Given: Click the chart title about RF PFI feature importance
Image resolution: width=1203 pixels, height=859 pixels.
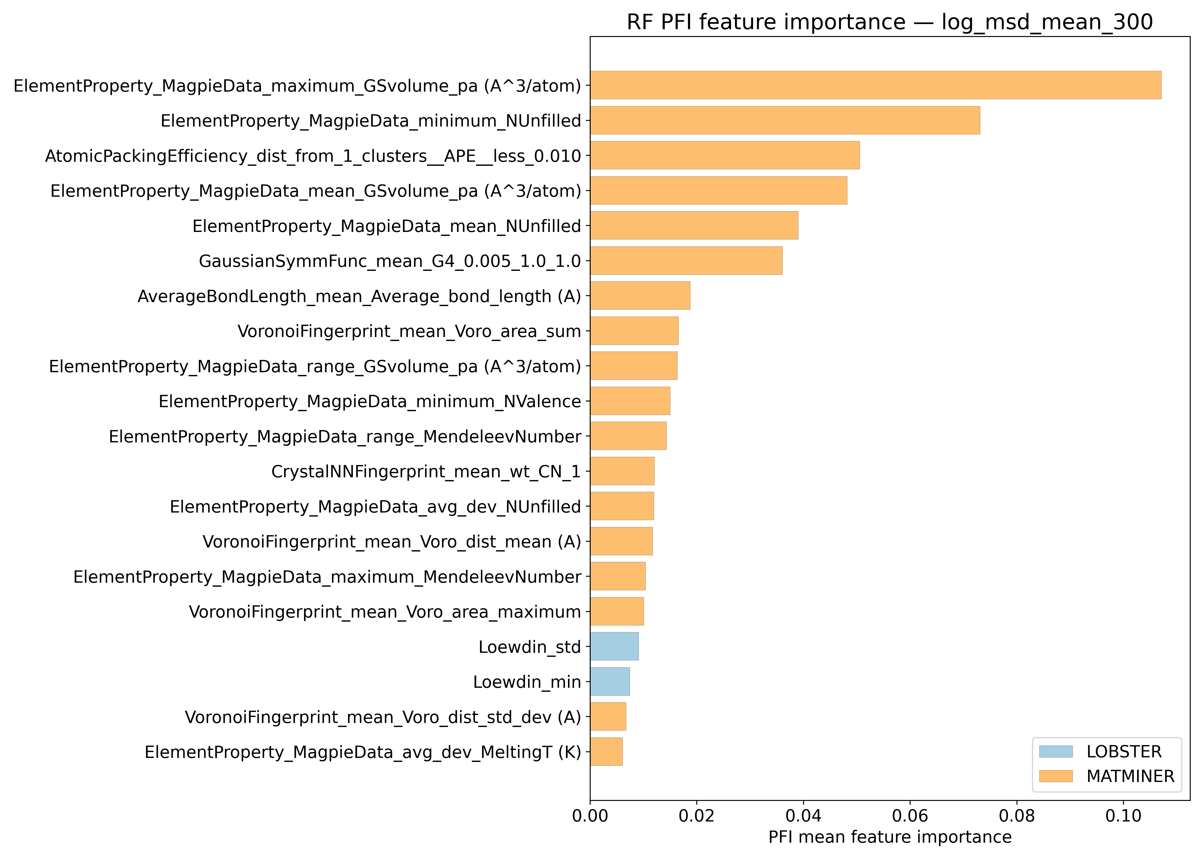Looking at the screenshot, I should (889, 22).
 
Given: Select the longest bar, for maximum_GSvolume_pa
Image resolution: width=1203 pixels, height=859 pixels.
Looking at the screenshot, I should (876, 85).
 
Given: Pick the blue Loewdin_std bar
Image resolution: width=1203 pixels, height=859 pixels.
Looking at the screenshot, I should (614, 646).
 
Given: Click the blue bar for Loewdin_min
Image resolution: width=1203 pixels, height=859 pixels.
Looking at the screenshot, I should (610, 681).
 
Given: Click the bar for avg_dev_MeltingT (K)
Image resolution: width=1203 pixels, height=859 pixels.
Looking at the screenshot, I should (606, 752).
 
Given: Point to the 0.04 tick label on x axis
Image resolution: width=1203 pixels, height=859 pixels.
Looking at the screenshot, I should (803, 816).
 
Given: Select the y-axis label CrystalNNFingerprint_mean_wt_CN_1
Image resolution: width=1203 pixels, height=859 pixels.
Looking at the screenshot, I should (426, 471).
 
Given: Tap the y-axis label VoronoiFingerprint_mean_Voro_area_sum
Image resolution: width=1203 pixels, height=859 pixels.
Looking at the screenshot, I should (409, 331).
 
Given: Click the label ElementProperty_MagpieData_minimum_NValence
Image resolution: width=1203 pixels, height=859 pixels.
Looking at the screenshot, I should (370, 401).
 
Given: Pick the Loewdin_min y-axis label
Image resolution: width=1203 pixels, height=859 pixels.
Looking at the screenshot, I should (527, 682).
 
